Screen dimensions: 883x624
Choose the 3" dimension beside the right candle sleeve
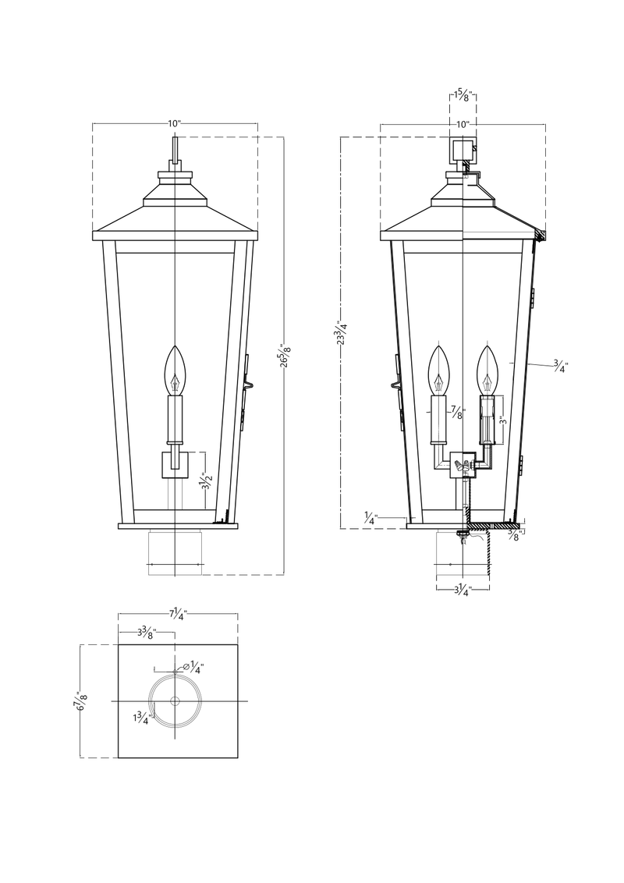point(504,421)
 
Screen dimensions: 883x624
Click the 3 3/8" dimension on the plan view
point(147,632)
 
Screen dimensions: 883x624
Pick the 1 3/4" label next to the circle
point(142,716)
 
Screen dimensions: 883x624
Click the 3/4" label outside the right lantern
point(560,364)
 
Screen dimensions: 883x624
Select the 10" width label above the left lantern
point(174,124)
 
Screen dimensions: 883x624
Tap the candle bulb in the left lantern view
point(175,371)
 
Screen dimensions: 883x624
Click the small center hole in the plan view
point(175,701)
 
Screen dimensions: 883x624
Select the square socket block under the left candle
point(175,464)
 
